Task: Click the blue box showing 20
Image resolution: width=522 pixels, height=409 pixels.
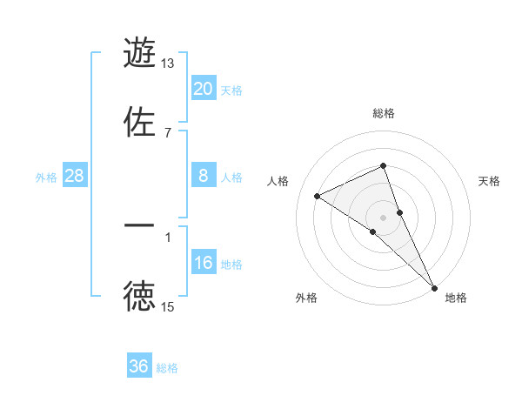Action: click(x=203, y=88)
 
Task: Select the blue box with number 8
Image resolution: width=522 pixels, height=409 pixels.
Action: click(x=203, y=176)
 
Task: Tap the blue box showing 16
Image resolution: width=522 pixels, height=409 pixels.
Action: click(x=203, y=263)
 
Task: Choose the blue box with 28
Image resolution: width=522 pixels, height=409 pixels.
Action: click(x=75, y=176)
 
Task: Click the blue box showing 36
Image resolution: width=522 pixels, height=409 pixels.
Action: click(x=139, y=366)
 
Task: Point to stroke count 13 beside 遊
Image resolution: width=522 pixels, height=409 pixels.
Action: click(x=168, y=64)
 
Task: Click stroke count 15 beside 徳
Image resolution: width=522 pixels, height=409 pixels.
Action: click(x=168, y=306)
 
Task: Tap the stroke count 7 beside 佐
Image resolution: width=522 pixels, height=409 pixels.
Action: click(x=168, y=132)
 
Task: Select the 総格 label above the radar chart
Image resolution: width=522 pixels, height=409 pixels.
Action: click(x=384, y=113)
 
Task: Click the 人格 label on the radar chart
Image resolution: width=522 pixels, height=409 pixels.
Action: click(x=278, y=181)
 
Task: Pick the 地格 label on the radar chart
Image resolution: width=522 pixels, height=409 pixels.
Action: click(x=456, y=298)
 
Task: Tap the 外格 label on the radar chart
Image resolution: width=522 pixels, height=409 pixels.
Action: click(x=306, y=298)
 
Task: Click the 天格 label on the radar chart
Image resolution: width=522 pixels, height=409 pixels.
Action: click(x=489, y=181)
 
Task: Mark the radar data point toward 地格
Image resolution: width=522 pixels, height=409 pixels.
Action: click(x=433, y=286)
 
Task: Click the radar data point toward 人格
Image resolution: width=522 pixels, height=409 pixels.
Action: click(x=318, y=196)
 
